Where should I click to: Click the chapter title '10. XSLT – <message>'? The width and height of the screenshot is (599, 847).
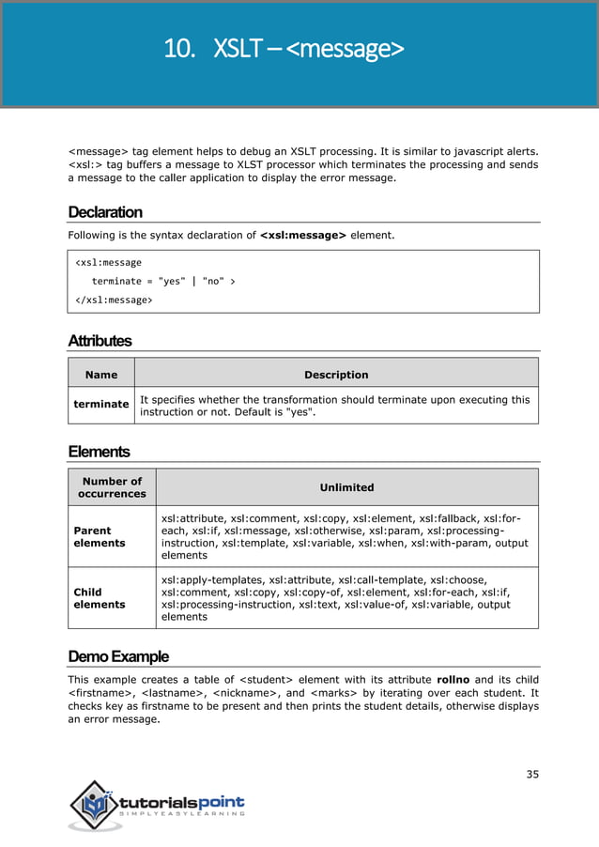pyautogui.click(x=284, y=48)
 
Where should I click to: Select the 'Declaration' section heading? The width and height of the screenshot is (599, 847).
pyautogui.click(x=105, y=211)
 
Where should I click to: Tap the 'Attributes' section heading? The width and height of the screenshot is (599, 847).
pyautogui.click(x=100, y=341)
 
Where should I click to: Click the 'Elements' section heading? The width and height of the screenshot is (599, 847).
pyautogui.click(x=99, y=452)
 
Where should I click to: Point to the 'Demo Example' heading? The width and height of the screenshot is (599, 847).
pyautogui.click(x=118, y=654)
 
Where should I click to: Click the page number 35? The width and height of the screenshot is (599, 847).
pyautogui.click(x=532, y=774)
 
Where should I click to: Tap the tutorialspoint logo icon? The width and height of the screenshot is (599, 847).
pyautogui.click(x=96, y=805)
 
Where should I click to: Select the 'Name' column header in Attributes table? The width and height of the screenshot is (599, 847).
pyautogui.click(x=101, y=374)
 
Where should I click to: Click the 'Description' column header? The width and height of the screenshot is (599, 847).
pyautogui.click(x=336, y=374)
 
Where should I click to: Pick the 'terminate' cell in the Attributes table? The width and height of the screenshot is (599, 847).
pyautogui.click(x=101, y=404)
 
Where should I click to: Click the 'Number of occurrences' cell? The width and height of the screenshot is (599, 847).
pyautogui.click(x=112, y=487)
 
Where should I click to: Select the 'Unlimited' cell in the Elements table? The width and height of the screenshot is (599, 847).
pyautogui.click(x=346, y=487)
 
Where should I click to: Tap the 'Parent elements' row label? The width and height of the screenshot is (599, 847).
pyautogui.click(x=100, y=536)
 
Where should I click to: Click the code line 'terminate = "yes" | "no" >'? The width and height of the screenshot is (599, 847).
pyautogui.click(x=163, y=281)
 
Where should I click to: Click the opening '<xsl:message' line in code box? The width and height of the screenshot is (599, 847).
pyautogui.click(x=108, y=262)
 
